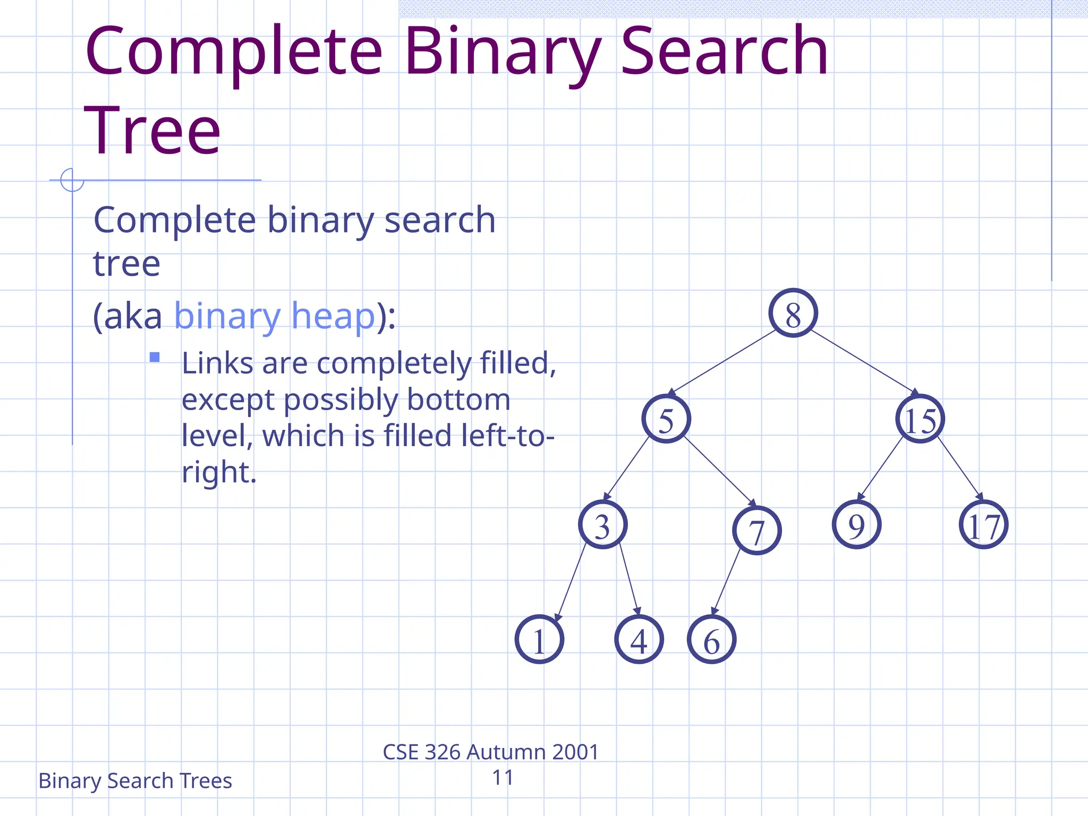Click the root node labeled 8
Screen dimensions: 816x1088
793,313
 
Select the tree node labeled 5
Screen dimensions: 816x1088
666,419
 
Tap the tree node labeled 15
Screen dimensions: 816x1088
920,419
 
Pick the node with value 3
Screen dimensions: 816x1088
602,524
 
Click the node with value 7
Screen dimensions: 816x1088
756,530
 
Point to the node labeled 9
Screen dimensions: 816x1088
856,524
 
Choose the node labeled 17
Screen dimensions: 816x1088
983,524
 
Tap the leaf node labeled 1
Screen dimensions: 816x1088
539,639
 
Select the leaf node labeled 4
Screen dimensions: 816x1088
639,639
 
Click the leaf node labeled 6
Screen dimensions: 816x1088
711,640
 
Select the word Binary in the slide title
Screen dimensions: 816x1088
502,53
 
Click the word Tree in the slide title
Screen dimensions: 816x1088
152,130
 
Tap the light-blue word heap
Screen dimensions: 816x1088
334,316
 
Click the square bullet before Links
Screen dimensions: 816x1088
155,357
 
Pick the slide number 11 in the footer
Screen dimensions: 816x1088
503,778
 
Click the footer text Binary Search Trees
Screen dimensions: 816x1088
135,781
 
